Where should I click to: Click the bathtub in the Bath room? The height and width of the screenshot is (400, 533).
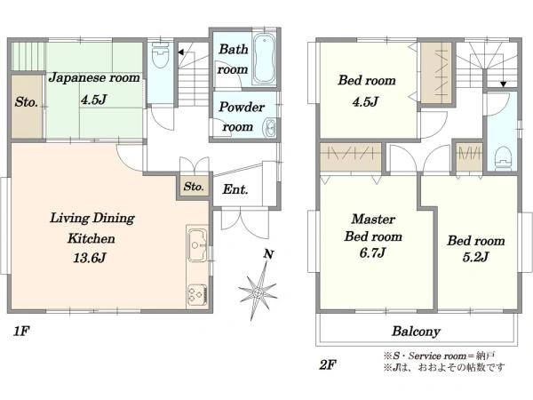point(264,59)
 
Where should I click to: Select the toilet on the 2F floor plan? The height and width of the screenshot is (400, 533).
point(503,158)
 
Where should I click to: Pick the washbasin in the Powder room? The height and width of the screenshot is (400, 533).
point(270,128)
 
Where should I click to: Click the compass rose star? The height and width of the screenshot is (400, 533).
point(258,292)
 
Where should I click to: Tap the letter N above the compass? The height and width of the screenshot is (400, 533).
point(268,254)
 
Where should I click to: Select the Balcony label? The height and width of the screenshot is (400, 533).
point(416,331)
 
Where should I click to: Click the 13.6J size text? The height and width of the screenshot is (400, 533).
point(90,258)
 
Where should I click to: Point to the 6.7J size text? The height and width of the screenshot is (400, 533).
point(372,252)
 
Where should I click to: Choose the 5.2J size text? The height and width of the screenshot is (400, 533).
point(475,257)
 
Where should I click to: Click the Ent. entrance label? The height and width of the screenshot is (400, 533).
point(235,189)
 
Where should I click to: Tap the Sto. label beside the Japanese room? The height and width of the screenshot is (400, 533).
point(26,102)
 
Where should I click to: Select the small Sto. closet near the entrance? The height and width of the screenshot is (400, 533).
point(194,187)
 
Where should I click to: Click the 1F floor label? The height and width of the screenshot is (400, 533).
point(21,331)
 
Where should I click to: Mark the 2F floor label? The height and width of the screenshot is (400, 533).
point(328,365)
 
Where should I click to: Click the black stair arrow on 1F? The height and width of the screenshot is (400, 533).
point(181,52)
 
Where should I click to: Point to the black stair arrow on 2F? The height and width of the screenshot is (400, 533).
point(504,84)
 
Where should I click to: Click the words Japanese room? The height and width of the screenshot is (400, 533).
point(94,78)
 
